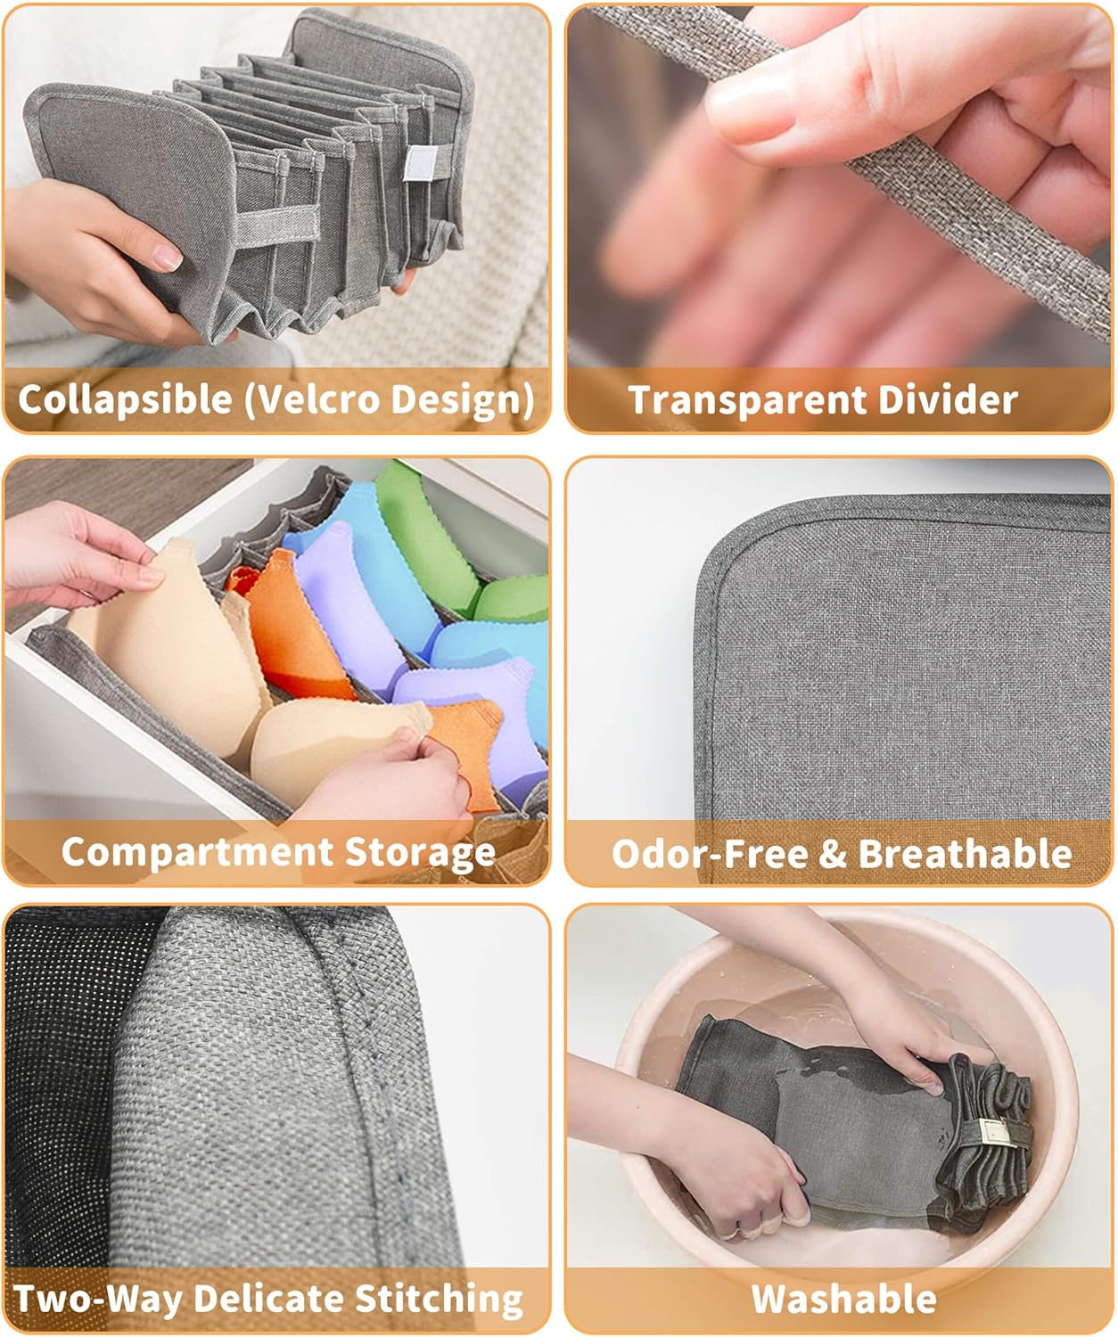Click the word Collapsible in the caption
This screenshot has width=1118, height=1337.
[125, 399]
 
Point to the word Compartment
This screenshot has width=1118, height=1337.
[197, 852]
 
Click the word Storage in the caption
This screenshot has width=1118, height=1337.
[420, 853]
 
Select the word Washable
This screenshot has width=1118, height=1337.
[843, 1300]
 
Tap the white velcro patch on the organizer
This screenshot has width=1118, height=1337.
[419, 163]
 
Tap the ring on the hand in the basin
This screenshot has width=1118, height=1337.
[729, 1233]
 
